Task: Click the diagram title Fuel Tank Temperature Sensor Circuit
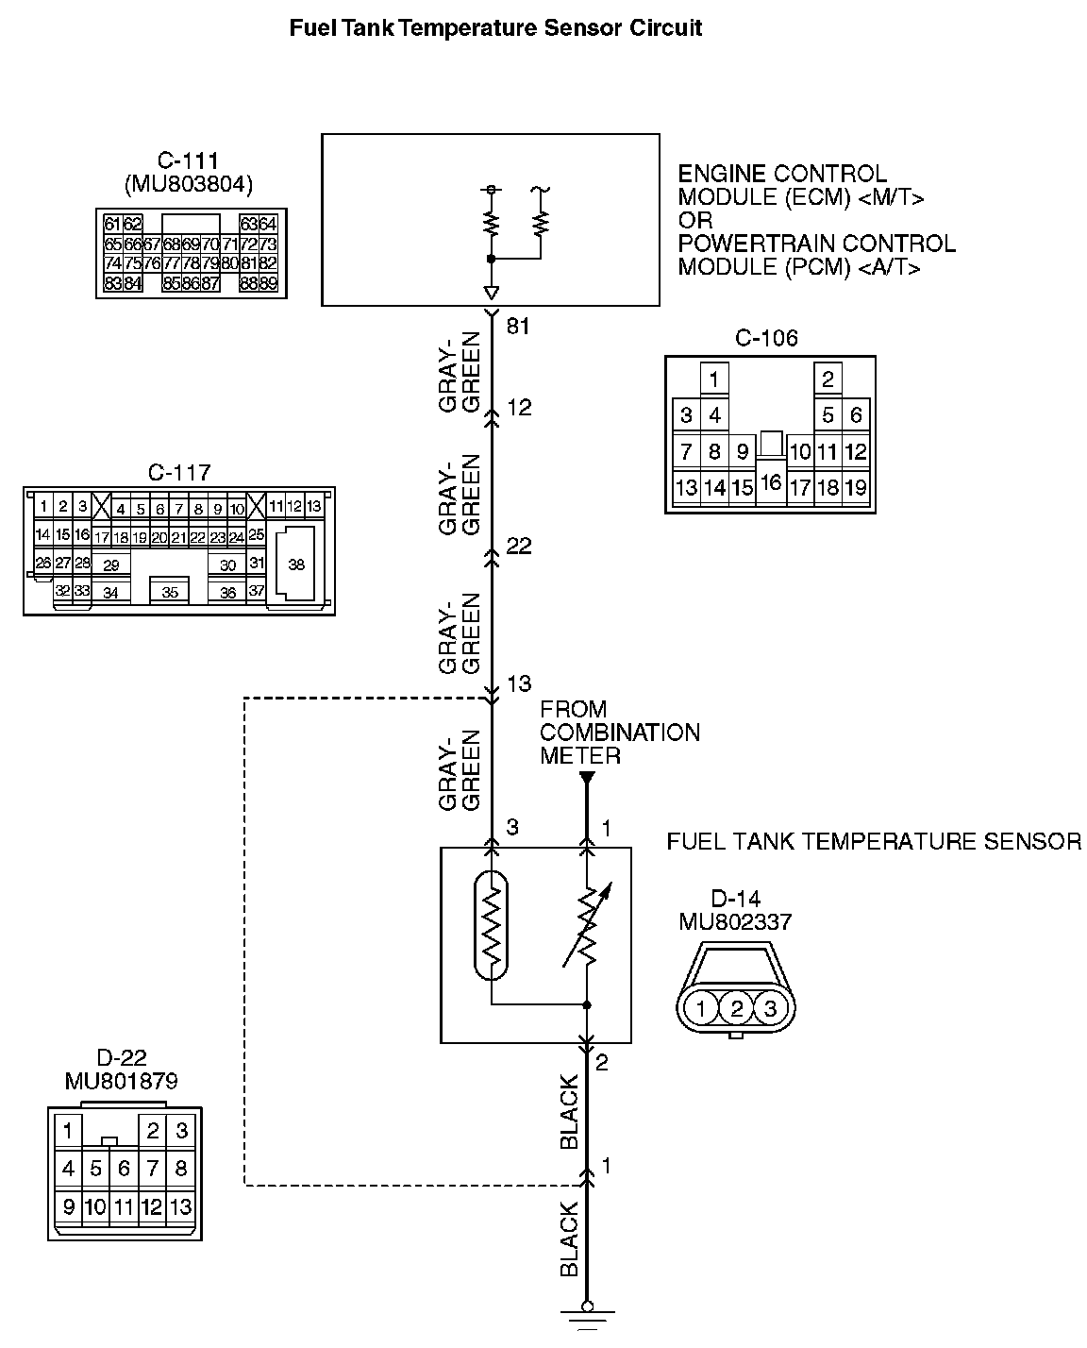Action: (495, 28)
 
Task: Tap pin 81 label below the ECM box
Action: (519, 327)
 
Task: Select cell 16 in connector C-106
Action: (770, 482)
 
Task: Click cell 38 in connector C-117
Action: (296, 564)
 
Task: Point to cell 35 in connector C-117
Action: (170, 593)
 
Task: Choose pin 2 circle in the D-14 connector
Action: (736, 1008)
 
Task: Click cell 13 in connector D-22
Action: (181, 1206)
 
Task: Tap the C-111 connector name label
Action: (189, 161)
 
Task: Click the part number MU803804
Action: (189, 185)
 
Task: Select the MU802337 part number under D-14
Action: (735, 921)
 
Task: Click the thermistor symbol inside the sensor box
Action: (491, 926)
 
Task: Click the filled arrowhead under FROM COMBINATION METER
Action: (587, 779)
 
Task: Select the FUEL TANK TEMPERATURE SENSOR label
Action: (874, 841)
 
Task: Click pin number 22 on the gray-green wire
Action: (519, 547)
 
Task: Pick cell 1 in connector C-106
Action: (714, 380)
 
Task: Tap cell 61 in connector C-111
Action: (112, 224)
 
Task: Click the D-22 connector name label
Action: (122, 1058)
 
